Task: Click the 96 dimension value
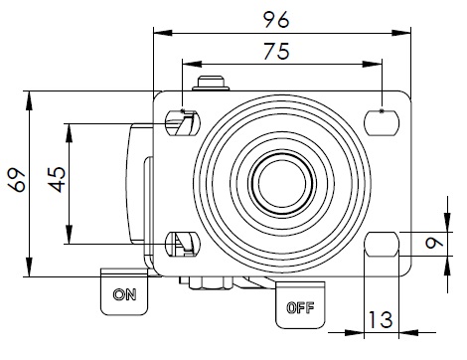[276, 20]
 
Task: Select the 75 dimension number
[276, 51]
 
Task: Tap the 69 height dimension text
[17, 180]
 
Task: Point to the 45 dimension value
[58, 179]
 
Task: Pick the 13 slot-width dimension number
[381, 320]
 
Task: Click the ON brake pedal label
[124, 294]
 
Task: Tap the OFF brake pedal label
[300, 308]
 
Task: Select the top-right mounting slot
[382, 123]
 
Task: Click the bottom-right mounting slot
[382, 244]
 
